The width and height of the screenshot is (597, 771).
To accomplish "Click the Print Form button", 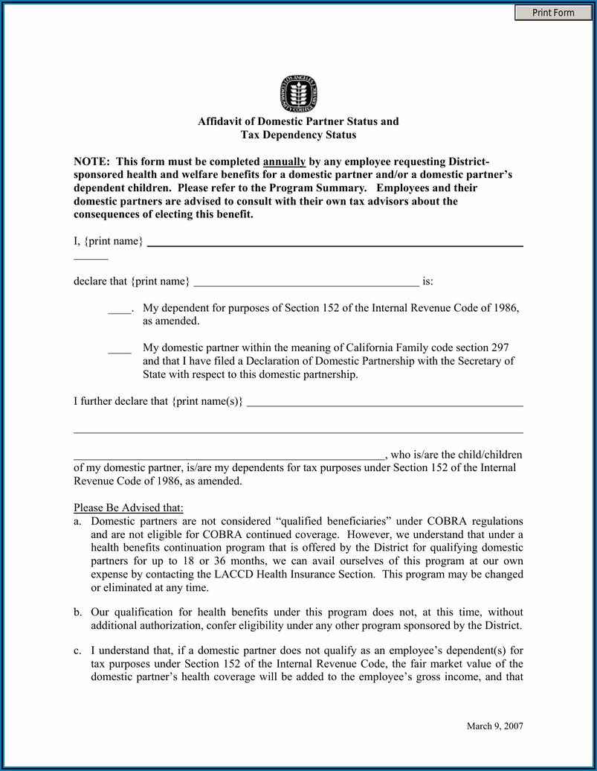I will coord(553,13).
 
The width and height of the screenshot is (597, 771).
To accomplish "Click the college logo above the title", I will coord(298,93).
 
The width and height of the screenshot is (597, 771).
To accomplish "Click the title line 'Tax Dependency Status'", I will coord(298,135).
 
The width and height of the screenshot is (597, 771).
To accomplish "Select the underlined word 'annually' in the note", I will coord(284,161).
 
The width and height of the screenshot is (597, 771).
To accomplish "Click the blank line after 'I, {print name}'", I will coord(335,244).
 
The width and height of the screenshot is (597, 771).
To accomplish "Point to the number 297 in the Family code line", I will coord(501,348).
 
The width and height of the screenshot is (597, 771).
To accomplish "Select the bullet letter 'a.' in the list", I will coord(77,522).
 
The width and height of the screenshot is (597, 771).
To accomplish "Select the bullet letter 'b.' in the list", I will coord(77,611).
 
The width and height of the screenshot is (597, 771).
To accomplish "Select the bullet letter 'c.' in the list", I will coord(77,650).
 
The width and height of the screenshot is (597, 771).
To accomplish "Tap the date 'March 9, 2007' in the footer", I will coord(494,726).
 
